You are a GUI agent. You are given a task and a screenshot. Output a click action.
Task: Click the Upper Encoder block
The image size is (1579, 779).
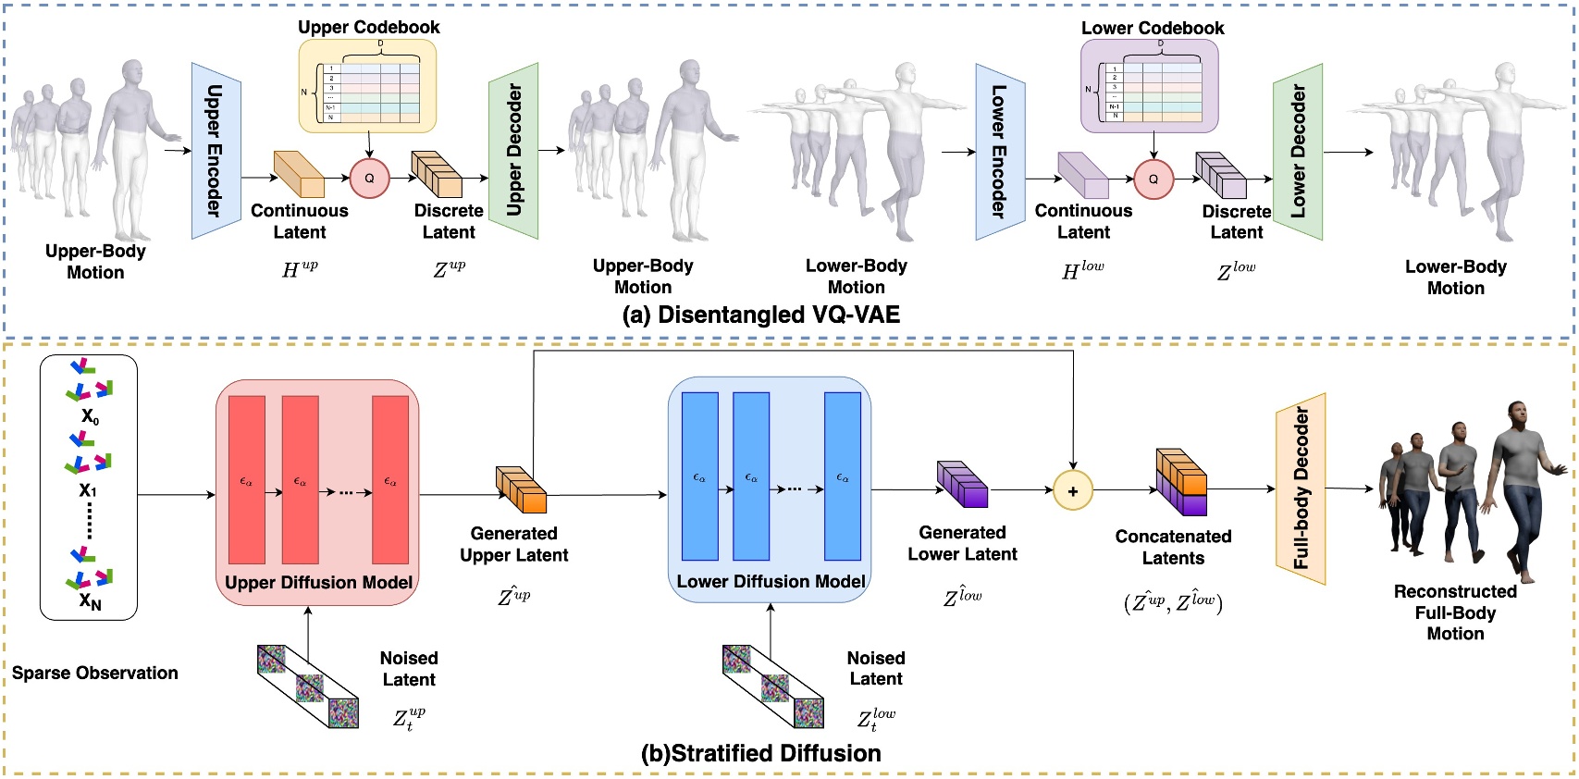[x=216, y=151]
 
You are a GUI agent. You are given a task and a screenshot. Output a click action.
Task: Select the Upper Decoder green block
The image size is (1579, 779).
[x=513, y=151]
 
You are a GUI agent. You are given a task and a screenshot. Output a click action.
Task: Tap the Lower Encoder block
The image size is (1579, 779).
[x=1000, y=151]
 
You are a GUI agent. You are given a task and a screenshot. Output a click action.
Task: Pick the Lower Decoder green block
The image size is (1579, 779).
[x=1297, y=151]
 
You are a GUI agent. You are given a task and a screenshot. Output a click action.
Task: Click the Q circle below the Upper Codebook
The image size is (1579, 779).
[x=369, y=179]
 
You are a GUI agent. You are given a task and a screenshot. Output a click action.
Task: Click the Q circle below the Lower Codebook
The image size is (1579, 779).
[x=1153, y=179]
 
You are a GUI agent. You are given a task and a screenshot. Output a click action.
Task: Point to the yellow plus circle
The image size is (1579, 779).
[x=1073, y=491]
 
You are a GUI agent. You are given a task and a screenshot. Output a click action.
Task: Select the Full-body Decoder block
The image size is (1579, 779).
[x=1301, y=488]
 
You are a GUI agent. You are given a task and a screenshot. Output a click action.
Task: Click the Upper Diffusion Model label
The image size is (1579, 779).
[x=318, y=583]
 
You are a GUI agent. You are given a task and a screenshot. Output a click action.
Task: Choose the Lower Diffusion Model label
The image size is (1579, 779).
[x=771, y=582]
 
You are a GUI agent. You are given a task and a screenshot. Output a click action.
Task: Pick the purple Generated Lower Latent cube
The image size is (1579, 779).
[x=962, y=484]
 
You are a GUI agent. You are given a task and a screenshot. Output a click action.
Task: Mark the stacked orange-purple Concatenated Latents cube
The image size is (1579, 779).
[x=1181, y=482]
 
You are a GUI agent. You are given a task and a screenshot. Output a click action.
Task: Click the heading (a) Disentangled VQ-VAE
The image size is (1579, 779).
[x=760, y=315]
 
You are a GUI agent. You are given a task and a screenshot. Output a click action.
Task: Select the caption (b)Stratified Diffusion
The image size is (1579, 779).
[x=760, y=753]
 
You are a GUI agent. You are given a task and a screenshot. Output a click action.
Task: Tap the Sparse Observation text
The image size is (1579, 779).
[x=94, y=674]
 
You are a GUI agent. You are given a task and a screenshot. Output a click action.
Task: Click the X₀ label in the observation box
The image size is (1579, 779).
[x=90, y=416]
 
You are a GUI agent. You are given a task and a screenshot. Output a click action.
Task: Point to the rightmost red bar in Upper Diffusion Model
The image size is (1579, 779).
[x=390, y=479]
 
